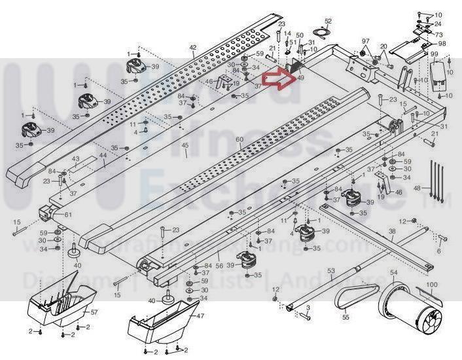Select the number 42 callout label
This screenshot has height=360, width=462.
tap(192, 47)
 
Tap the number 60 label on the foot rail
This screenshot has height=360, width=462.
tap(240, 140)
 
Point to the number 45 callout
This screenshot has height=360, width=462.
tap(185, 145)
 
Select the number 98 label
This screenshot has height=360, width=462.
tap(442, 43)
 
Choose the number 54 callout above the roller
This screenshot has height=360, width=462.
tap(394, 272)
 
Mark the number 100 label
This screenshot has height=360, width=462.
tap(432, 285)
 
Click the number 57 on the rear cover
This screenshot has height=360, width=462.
tap(94, 313)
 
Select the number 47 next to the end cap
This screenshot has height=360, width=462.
tap(192, 315)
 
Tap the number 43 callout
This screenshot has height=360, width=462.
tap(76, 159)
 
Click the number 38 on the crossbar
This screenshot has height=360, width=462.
tap(392, 231)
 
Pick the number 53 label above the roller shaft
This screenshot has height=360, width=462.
tap(331, 270)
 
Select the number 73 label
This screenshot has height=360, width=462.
tap(438, 34)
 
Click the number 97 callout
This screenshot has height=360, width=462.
tap(366, 41)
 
